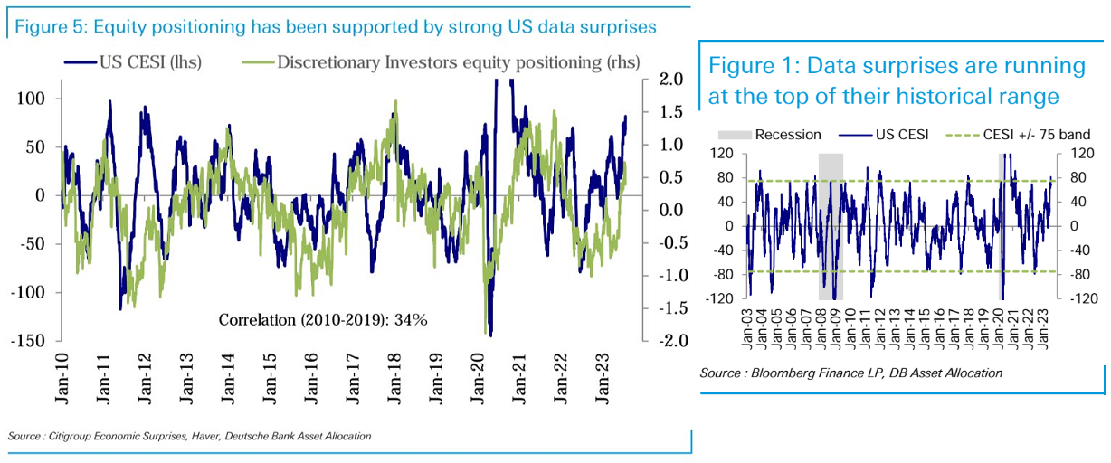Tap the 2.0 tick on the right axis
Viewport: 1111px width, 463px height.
[x=667, y=80]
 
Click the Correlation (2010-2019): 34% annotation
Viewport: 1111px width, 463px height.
[x=323, y=319]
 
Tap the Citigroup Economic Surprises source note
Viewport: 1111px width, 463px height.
[x=189, y=437]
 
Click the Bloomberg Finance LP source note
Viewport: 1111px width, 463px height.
[x=850, y=373]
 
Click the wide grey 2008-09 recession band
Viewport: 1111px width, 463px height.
[x=831, y=226]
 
